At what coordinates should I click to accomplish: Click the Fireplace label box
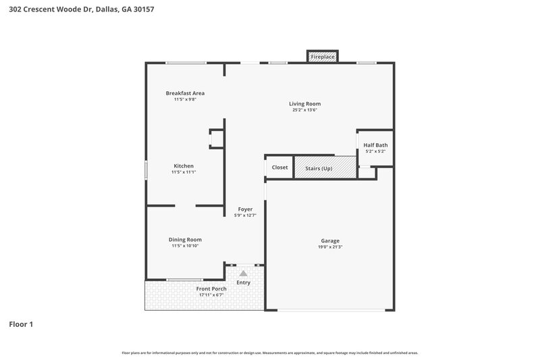click(x=323, y=57)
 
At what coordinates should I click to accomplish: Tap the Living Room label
click(x=305, y=103)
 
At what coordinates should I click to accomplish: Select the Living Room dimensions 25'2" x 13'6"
click(x=305, y=109)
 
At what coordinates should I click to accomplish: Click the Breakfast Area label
click(x=185, y=93)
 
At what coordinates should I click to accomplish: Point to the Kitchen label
click(x=184, y=166)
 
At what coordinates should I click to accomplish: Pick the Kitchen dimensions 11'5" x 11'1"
click(x=184, y=172)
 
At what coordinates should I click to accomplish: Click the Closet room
click(x=279, y=168)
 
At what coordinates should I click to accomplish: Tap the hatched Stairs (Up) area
click(x=325, y=168)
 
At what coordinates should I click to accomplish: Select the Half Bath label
click(x=375, y=145)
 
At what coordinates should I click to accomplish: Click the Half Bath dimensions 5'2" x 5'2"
click(x=375, y=151)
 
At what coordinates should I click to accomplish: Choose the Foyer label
click(x=245, y=209)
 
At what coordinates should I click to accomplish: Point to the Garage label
click(x=330, y=240)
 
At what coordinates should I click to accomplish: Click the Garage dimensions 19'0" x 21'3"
click(x=330, y=247)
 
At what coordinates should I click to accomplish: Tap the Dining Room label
click(x=185, y=239)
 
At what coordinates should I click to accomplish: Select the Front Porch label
click(x=211, y=289)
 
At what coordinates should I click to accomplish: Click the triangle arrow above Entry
click(x=243, y=274)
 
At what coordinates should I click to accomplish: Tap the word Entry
click(x=243, y=282)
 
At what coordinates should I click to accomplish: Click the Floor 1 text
click(x=21, y=324)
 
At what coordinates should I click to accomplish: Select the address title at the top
click(x=72, y=10)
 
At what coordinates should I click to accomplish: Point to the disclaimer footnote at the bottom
click(x=270, y=353)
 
